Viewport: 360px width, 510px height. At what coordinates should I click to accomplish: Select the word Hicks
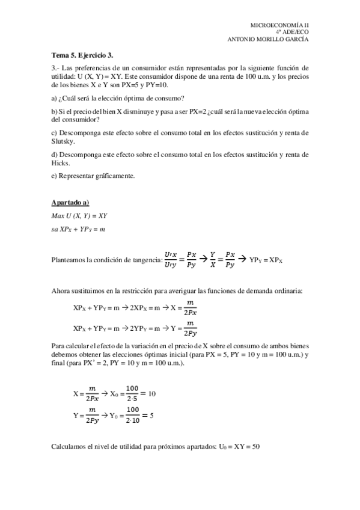click(61, 163)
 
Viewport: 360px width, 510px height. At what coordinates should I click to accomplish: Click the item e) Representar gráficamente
click(93, 176)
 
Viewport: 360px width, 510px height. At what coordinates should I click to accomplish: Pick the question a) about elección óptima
click(118, 98)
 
